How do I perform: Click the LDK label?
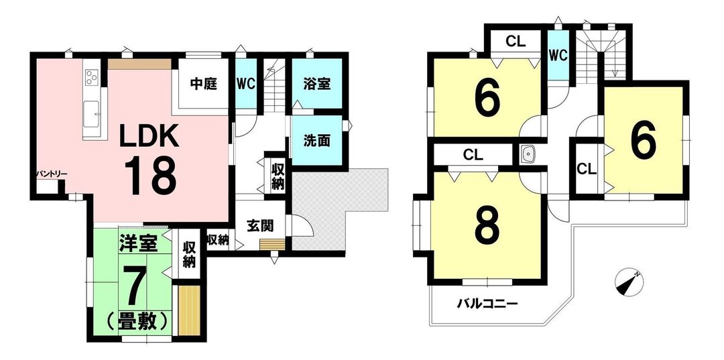(149, 136)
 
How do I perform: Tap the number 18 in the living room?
(150, 176)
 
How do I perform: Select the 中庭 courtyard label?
(204, 85)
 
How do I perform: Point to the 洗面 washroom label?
(316, 141)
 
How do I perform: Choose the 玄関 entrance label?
(260, 226)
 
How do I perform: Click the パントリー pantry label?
(52, 174)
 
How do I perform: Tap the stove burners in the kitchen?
(91, 77)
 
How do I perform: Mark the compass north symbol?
(629, 282)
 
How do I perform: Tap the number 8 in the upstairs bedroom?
(488, 228)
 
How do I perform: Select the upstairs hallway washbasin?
(527, 154)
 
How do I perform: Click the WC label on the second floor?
(558, 56)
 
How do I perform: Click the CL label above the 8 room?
(474, 155)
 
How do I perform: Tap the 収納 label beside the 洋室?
(189, 254)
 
